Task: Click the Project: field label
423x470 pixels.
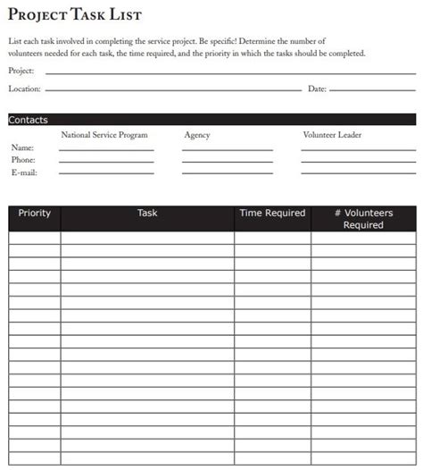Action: pos(21,71)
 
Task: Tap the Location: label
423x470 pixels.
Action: pos(25,89)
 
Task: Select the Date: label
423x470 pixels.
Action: pos(317,89)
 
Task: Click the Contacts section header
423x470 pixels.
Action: pos(29,120)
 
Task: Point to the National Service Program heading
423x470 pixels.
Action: pos(104,135)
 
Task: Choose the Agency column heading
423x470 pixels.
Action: pos(196,135)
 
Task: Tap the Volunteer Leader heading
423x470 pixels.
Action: pos(333,135)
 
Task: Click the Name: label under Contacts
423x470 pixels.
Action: pos(22,147)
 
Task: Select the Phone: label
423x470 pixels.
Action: pos(23,159)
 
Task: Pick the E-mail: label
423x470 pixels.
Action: pos(24,172)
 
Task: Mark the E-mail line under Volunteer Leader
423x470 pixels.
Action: pos(358,174)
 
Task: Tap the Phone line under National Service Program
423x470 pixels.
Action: pos(106,162)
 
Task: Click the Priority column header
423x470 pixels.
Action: pos(35,214)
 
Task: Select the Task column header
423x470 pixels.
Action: pos(147,214)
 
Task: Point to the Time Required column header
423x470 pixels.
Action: pos(272,214)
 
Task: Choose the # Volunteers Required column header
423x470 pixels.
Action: pos(363,219)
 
